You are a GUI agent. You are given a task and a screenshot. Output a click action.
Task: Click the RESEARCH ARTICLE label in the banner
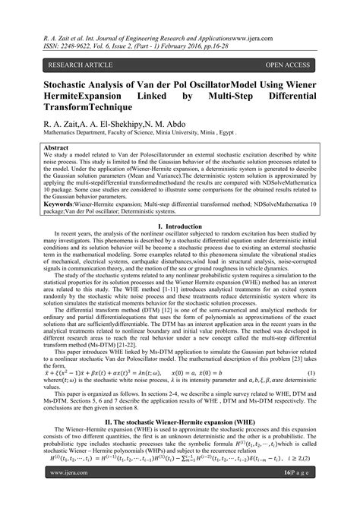(x=74, y=66)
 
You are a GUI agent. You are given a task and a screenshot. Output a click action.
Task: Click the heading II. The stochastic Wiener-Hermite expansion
(x=180, y=419)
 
